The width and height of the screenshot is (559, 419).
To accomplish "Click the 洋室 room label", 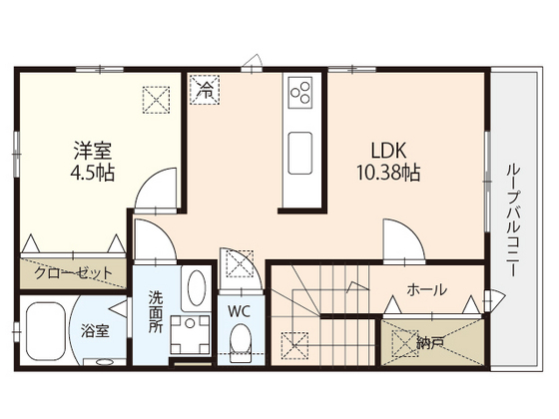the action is pyautogui.click(x=93, y=151).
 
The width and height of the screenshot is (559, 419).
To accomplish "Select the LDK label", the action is pyautogui.click(x=388, y=151).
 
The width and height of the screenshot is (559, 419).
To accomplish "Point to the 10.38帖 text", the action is pyautogui.click(x=388, y=173).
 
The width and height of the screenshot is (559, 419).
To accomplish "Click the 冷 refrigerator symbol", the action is pyautogui.click(x=205, y=90).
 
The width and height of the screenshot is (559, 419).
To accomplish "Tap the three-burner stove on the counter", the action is pyautogui.click(x=300, y=93).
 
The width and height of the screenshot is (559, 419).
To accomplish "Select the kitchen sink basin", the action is pyautogui.click(x=300, y=154).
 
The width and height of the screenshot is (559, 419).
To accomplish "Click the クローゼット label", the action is pyautogui.click(x=73, y=273).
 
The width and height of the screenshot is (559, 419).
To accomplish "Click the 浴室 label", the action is pyautogui.click(x=95, y=331).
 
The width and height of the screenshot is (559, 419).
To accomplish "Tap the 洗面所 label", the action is pyautogui.click(x=156, y=311).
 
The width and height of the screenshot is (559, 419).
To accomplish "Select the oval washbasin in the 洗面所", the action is pyautogui.click(x=196, y=288).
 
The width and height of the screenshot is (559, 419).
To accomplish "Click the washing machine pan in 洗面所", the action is pyautogui.click(x=190, y=335).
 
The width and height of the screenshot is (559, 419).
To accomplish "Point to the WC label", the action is pyautogui.click(x=240, y=311).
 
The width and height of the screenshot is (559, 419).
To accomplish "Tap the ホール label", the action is pyautogui.click(x=427, y=289).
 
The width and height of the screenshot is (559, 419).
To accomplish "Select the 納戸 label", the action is pyautogui.click(x=430, y=343).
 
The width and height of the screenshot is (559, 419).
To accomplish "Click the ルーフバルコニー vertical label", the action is pyautogui.click(x=512, y=219).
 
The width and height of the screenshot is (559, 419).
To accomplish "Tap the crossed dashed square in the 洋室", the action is pyautogui.click(x=156, y=100).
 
